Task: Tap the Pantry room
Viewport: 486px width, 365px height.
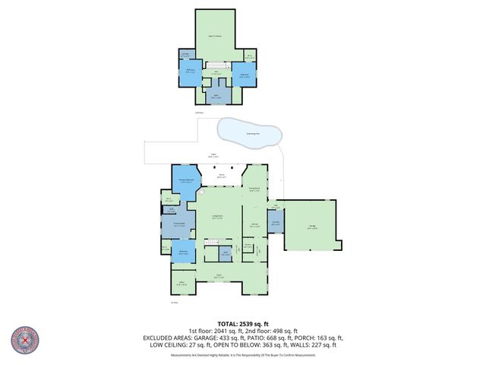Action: [238, 245]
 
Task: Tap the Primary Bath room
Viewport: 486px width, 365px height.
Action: [179, 225]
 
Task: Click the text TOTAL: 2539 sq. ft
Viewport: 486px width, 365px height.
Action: [242, 322]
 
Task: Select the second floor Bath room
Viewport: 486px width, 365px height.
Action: [216, 97]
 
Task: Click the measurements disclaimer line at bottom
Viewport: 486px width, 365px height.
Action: [242, 354]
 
